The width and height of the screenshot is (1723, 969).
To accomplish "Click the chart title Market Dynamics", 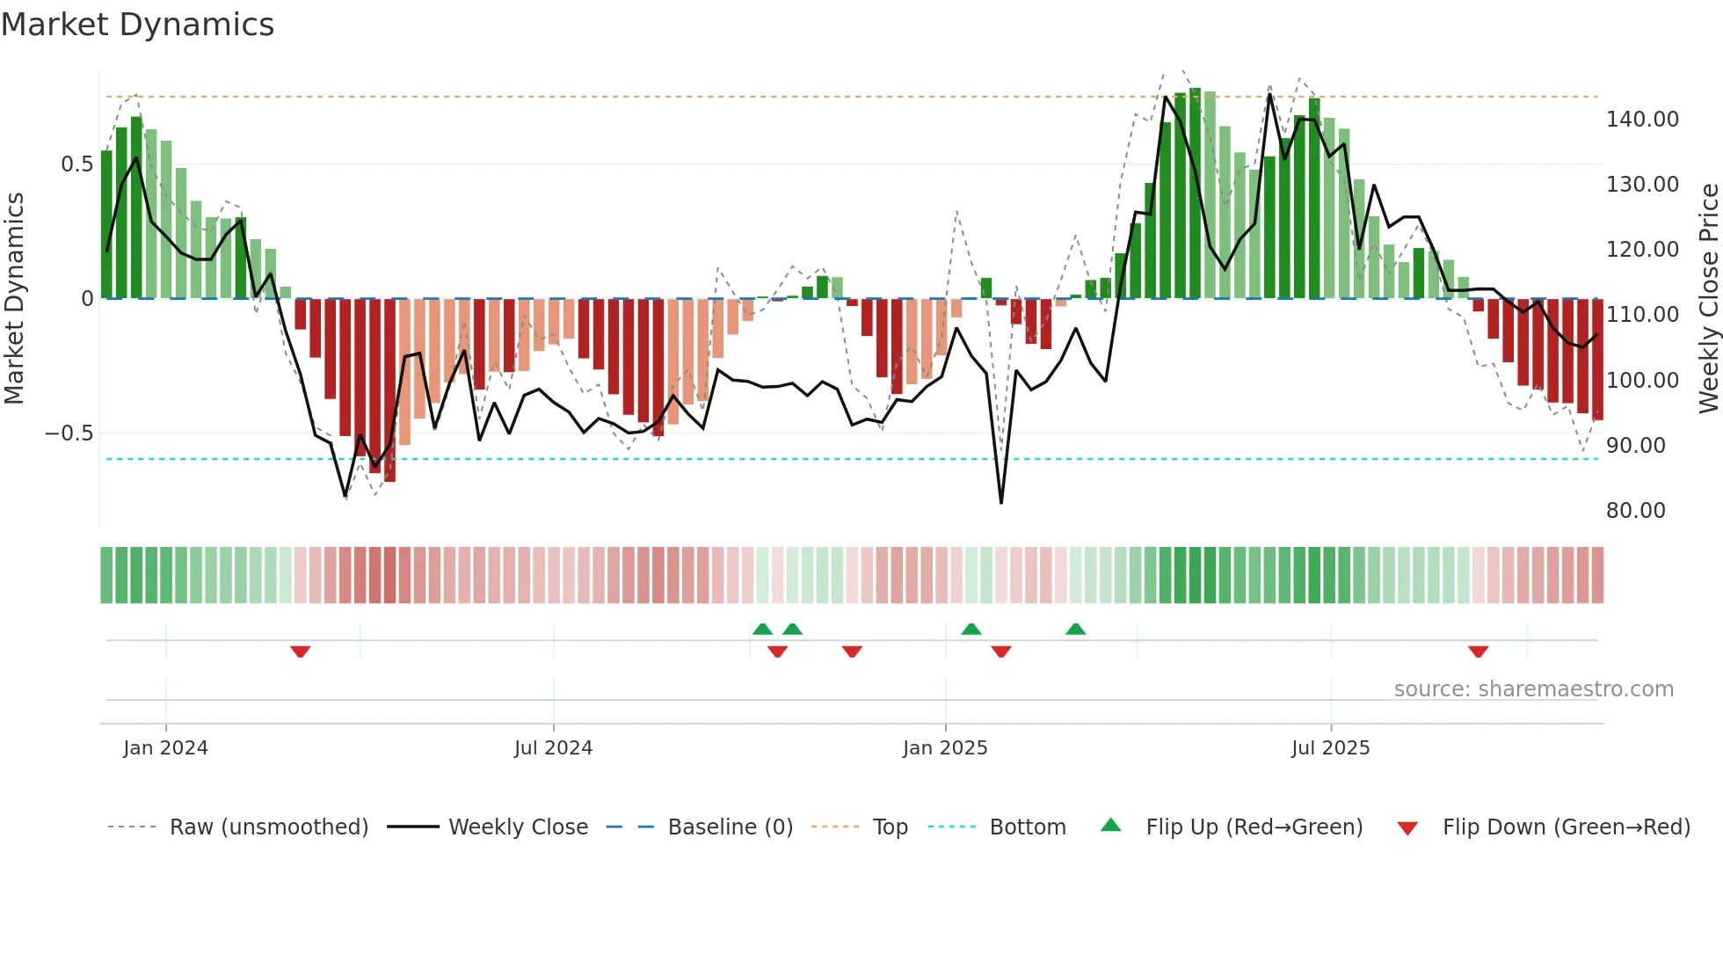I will (137, 25).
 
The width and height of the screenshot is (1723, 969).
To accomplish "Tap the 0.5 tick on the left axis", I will (76, 164).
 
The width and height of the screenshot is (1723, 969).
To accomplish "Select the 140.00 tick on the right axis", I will (1642, 120).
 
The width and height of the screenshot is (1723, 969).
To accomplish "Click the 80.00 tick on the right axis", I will (1635, 511).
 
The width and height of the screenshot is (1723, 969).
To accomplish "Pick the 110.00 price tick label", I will (1642, 315).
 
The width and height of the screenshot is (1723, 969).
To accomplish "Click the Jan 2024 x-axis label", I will (165, 748).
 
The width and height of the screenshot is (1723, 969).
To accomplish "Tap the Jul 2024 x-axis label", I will (553, 748).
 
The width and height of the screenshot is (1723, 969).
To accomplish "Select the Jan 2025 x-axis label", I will (945, 748).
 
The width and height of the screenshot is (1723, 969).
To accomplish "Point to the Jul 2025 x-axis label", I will (1330, 748).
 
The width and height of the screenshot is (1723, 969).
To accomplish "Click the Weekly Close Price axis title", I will (1708, 298).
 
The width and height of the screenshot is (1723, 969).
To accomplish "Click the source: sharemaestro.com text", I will (1533, 689).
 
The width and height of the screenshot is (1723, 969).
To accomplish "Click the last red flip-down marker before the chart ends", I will (1478, 652).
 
